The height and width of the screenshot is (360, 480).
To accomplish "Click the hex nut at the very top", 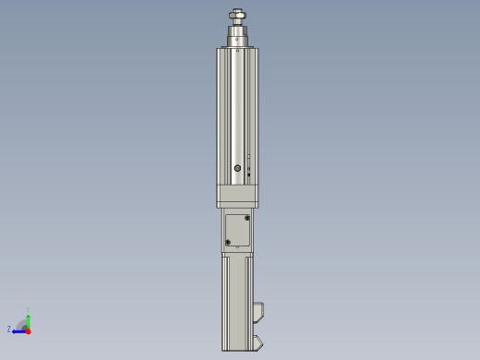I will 237,14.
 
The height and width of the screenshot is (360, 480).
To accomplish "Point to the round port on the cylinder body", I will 237,168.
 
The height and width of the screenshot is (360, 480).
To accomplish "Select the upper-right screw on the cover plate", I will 246,218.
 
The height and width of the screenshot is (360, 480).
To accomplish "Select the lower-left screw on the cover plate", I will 228,242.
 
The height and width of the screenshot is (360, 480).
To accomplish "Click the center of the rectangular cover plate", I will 237,230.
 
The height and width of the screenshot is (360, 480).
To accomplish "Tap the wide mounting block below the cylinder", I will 237,196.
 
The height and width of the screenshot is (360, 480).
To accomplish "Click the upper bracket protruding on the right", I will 258,311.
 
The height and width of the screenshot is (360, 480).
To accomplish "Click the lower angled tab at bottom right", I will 258,342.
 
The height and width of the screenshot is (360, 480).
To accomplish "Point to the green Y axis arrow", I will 28,318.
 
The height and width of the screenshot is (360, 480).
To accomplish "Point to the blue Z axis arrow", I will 18,330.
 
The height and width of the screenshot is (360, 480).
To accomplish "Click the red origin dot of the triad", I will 28,330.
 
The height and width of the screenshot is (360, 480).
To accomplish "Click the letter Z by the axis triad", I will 9,329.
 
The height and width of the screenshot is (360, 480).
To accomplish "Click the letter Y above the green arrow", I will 28,310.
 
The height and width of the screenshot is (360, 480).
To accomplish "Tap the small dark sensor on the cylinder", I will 248,174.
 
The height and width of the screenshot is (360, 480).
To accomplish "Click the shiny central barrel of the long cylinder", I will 238,111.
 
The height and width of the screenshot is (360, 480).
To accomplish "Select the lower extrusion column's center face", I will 237,300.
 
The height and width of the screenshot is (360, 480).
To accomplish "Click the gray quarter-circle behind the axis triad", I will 22,324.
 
